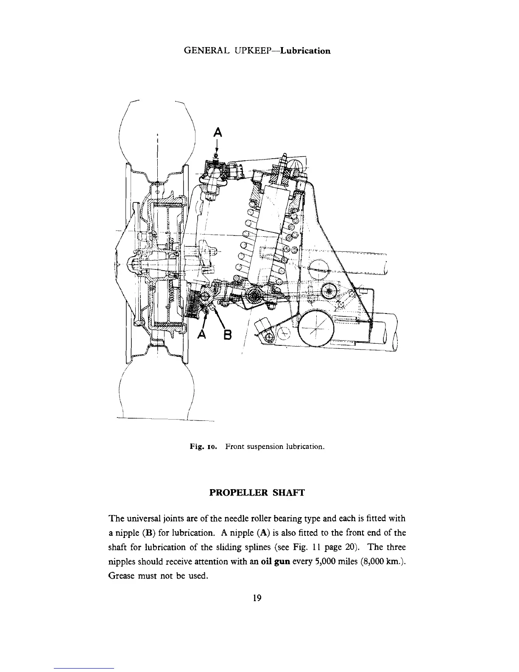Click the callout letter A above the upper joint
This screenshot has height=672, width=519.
coord(217,132)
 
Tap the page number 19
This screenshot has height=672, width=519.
coord(257,598)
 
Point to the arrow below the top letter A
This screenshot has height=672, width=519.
coord(217,147)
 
